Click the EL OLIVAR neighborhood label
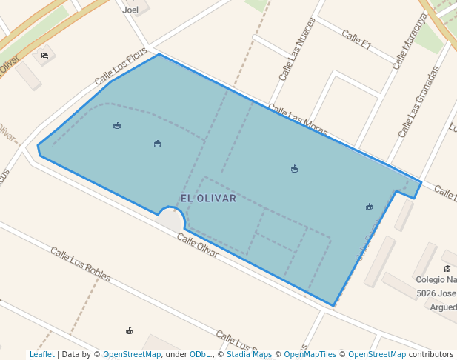click(208, 199)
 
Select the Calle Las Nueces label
click(297, 50)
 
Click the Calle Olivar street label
click(198, 245)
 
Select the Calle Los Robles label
click(81, 264)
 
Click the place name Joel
click(130, 10)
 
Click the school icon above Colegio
click(447, 268)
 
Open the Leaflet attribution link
click(41, 354)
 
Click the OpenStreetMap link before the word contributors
click(376, 354)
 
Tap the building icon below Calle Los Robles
click(130, 330)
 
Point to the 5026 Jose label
click(436, 293)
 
